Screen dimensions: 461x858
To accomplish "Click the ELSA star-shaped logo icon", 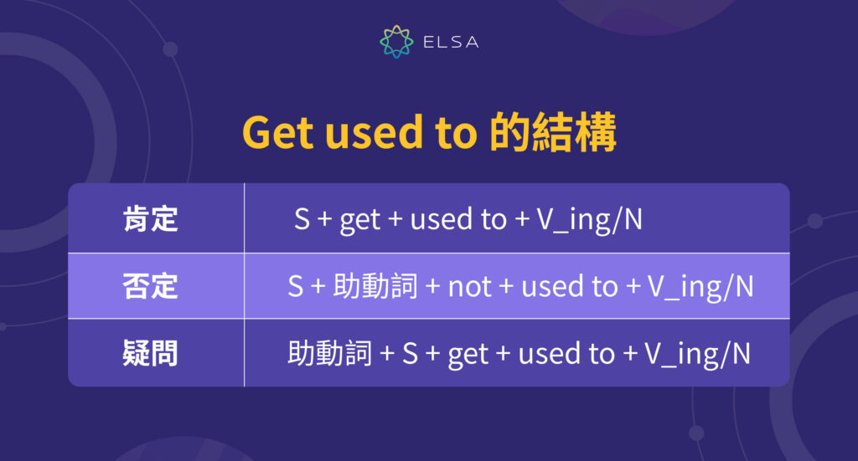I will pyautogui.click(x=395, y=42).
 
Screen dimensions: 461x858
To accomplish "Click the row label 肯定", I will pyautogui.click(x=150, y=219).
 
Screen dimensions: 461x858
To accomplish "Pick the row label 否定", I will pyautogui.click(x=150, y=286).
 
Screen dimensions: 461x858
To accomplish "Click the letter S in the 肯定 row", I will pyautogui.click(x=302, y=219).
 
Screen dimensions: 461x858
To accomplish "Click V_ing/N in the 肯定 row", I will pyautogui.click(x=589, y=220).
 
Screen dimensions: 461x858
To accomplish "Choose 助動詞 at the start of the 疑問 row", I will pyautogui.click(x=329, y=353).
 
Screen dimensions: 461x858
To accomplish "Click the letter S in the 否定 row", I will pyautogui.click(x=296, y=286).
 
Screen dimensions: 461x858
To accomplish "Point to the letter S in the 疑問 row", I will pyautogui.click(x=410, y=353).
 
